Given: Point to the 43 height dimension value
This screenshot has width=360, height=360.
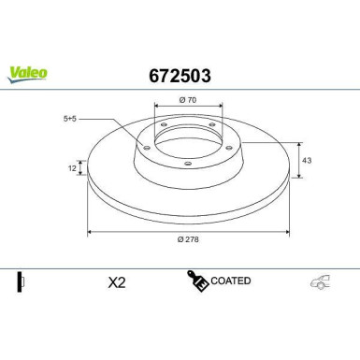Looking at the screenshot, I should tap(306, 160).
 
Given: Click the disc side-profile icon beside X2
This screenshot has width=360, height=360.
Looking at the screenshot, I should tap(21, 281).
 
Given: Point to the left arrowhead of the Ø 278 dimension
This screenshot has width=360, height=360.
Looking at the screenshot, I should tap(90, 232).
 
